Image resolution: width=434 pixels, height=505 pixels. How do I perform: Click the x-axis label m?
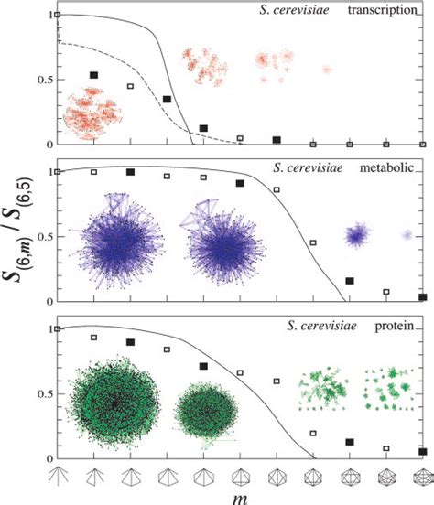[240, 495]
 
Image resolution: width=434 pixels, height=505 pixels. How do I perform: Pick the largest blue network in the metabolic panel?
[118, 245]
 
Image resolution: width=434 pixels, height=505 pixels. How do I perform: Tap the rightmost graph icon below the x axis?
[422, 475]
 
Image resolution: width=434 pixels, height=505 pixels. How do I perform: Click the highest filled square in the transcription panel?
[93, 75]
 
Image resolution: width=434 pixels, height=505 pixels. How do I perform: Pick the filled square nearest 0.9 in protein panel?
[130, 342]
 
